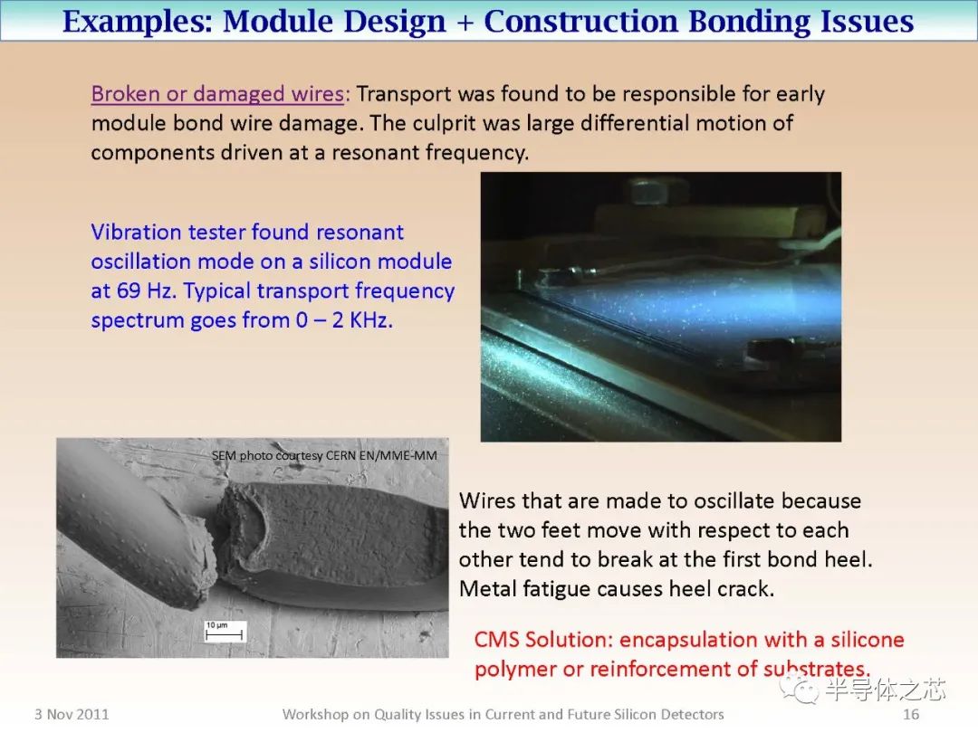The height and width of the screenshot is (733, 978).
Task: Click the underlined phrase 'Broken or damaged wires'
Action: (217, 94)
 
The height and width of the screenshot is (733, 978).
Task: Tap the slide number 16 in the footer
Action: (911, 714)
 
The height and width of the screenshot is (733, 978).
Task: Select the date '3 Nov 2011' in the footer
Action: (72, 714)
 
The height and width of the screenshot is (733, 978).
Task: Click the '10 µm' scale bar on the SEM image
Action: (216, 631)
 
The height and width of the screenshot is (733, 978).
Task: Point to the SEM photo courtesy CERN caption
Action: (324, 455)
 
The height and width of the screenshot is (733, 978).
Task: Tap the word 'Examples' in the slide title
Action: (135, 21)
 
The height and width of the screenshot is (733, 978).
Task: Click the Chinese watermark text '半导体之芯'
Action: (885, 690)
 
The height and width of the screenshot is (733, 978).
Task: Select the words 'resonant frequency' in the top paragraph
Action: (429, 152)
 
